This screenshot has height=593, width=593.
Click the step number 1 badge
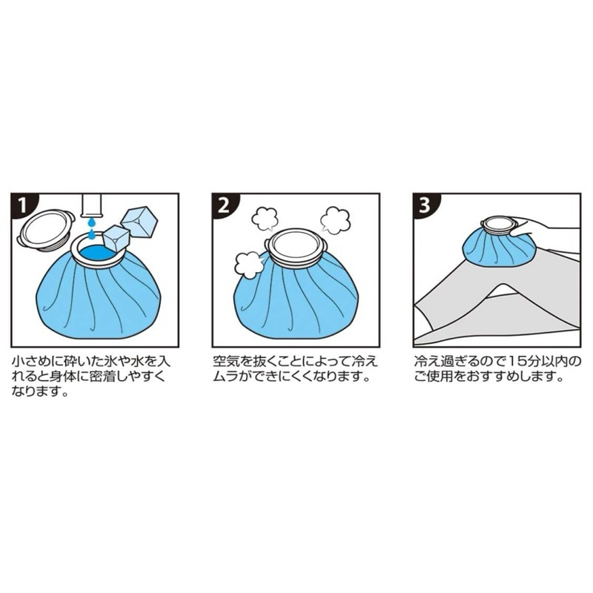22,206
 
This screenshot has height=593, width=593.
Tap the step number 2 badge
224,206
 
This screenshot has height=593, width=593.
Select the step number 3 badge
425,206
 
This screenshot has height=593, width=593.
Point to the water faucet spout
92,206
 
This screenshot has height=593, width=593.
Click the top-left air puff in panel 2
265,219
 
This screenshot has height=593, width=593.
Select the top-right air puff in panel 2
335,219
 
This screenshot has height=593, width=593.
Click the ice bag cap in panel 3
497,227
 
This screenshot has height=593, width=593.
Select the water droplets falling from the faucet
91,228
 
